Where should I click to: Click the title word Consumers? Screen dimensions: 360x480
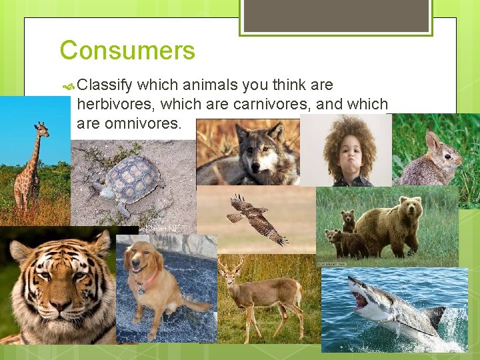127,51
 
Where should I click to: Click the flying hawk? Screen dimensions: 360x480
256,219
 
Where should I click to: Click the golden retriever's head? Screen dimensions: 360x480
144,259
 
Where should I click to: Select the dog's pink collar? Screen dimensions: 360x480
150,277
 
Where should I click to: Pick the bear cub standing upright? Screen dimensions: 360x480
348,220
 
